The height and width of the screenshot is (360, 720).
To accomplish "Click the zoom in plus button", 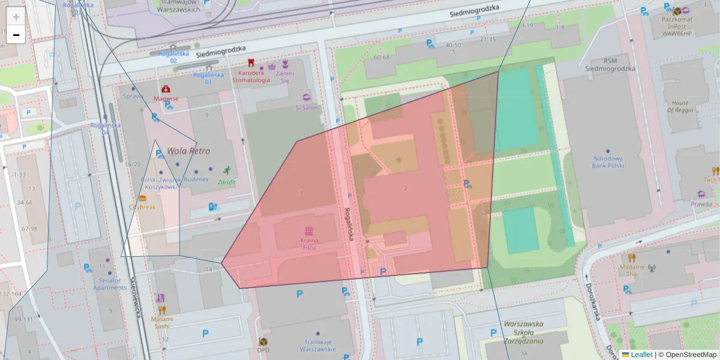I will [16, 17].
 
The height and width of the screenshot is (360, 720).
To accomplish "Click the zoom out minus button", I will [16, 35].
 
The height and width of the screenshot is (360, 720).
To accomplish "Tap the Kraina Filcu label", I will [309, 244].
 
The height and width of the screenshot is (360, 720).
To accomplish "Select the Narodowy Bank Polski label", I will [608, 162].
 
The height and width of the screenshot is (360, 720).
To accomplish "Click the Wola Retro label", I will [188, 151].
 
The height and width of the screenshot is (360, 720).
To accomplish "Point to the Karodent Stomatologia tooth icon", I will [251, 62].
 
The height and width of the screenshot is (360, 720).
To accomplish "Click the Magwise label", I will [166, 98].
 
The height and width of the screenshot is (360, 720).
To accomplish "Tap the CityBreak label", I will [142, 207].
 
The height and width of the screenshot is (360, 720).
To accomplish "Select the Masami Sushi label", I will [160, 322].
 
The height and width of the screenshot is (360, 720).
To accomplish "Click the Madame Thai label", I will [632, 270].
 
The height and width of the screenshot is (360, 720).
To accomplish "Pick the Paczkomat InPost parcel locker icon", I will [677, 11].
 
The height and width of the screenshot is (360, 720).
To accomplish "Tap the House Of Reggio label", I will [680, 107].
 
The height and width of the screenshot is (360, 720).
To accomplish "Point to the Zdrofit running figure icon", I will [227, 170].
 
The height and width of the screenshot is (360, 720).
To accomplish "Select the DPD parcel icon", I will [263, 341].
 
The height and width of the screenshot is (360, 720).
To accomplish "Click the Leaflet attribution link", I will [641, 355].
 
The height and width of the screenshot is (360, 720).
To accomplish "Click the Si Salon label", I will [307, 107].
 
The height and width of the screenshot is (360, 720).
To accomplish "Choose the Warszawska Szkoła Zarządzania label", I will [523, 332].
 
